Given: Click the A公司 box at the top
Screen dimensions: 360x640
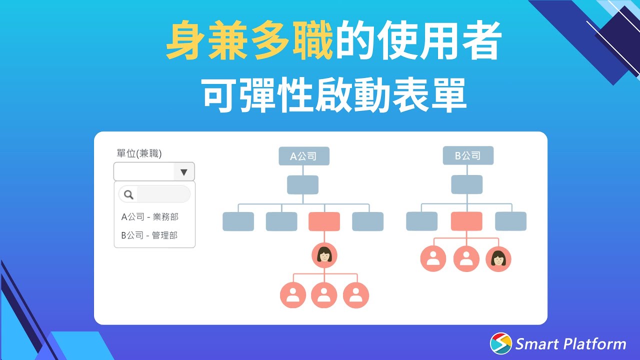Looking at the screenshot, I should tap(304, 156).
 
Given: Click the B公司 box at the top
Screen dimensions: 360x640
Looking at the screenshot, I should tap(468, 155).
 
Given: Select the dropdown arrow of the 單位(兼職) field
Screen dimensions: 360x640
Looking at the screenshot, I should tap(184, 172).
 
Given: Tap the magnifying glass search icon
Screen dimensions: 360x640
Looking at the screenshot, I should tap(128, 194).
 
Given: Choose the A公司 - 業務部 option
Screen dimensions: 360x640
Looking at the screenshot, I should tap(149, 217).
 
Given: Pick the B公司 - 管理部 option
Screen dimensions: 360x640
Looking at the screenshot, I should tap(149, 235).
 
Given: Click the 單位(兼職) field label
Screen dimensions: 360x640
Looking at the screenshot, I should tap(139, 153).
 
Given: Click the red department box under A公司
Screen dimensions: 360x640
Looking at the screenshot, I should tap(324, 221).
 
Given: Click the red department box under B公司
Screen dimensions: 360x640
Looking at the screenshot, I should tap(466, 221).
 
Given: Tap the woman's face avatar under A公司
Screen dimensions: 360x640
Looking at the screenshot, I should tap(324, 255).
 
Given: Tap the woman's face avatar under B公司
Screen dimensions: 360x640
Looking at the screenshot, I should tap(498, 259).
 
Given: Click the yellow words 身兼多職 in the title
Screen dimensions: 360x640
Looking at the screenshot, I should tap(249, 42).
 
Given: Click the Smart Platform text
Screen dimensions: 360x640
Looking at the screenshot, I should tap(570, 344).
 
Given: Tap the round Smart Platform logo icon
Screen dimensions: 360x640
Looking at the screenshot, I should tap(501, 343).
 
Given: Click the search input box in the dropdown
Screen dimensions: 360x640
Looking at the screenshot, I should tap(163, 194).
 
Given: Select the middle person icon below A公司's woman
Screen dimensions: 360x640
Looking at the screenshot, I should tap(324, 295).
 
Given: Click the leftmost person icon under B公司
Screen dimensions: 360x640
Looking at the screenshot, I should tap(433, 259).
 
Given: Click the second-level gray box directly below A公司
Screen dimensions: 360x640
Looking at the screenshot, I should tap(302, 185).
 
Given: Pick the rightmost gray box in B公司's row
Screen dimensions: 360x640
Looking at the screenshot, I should tap(510, 221).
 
